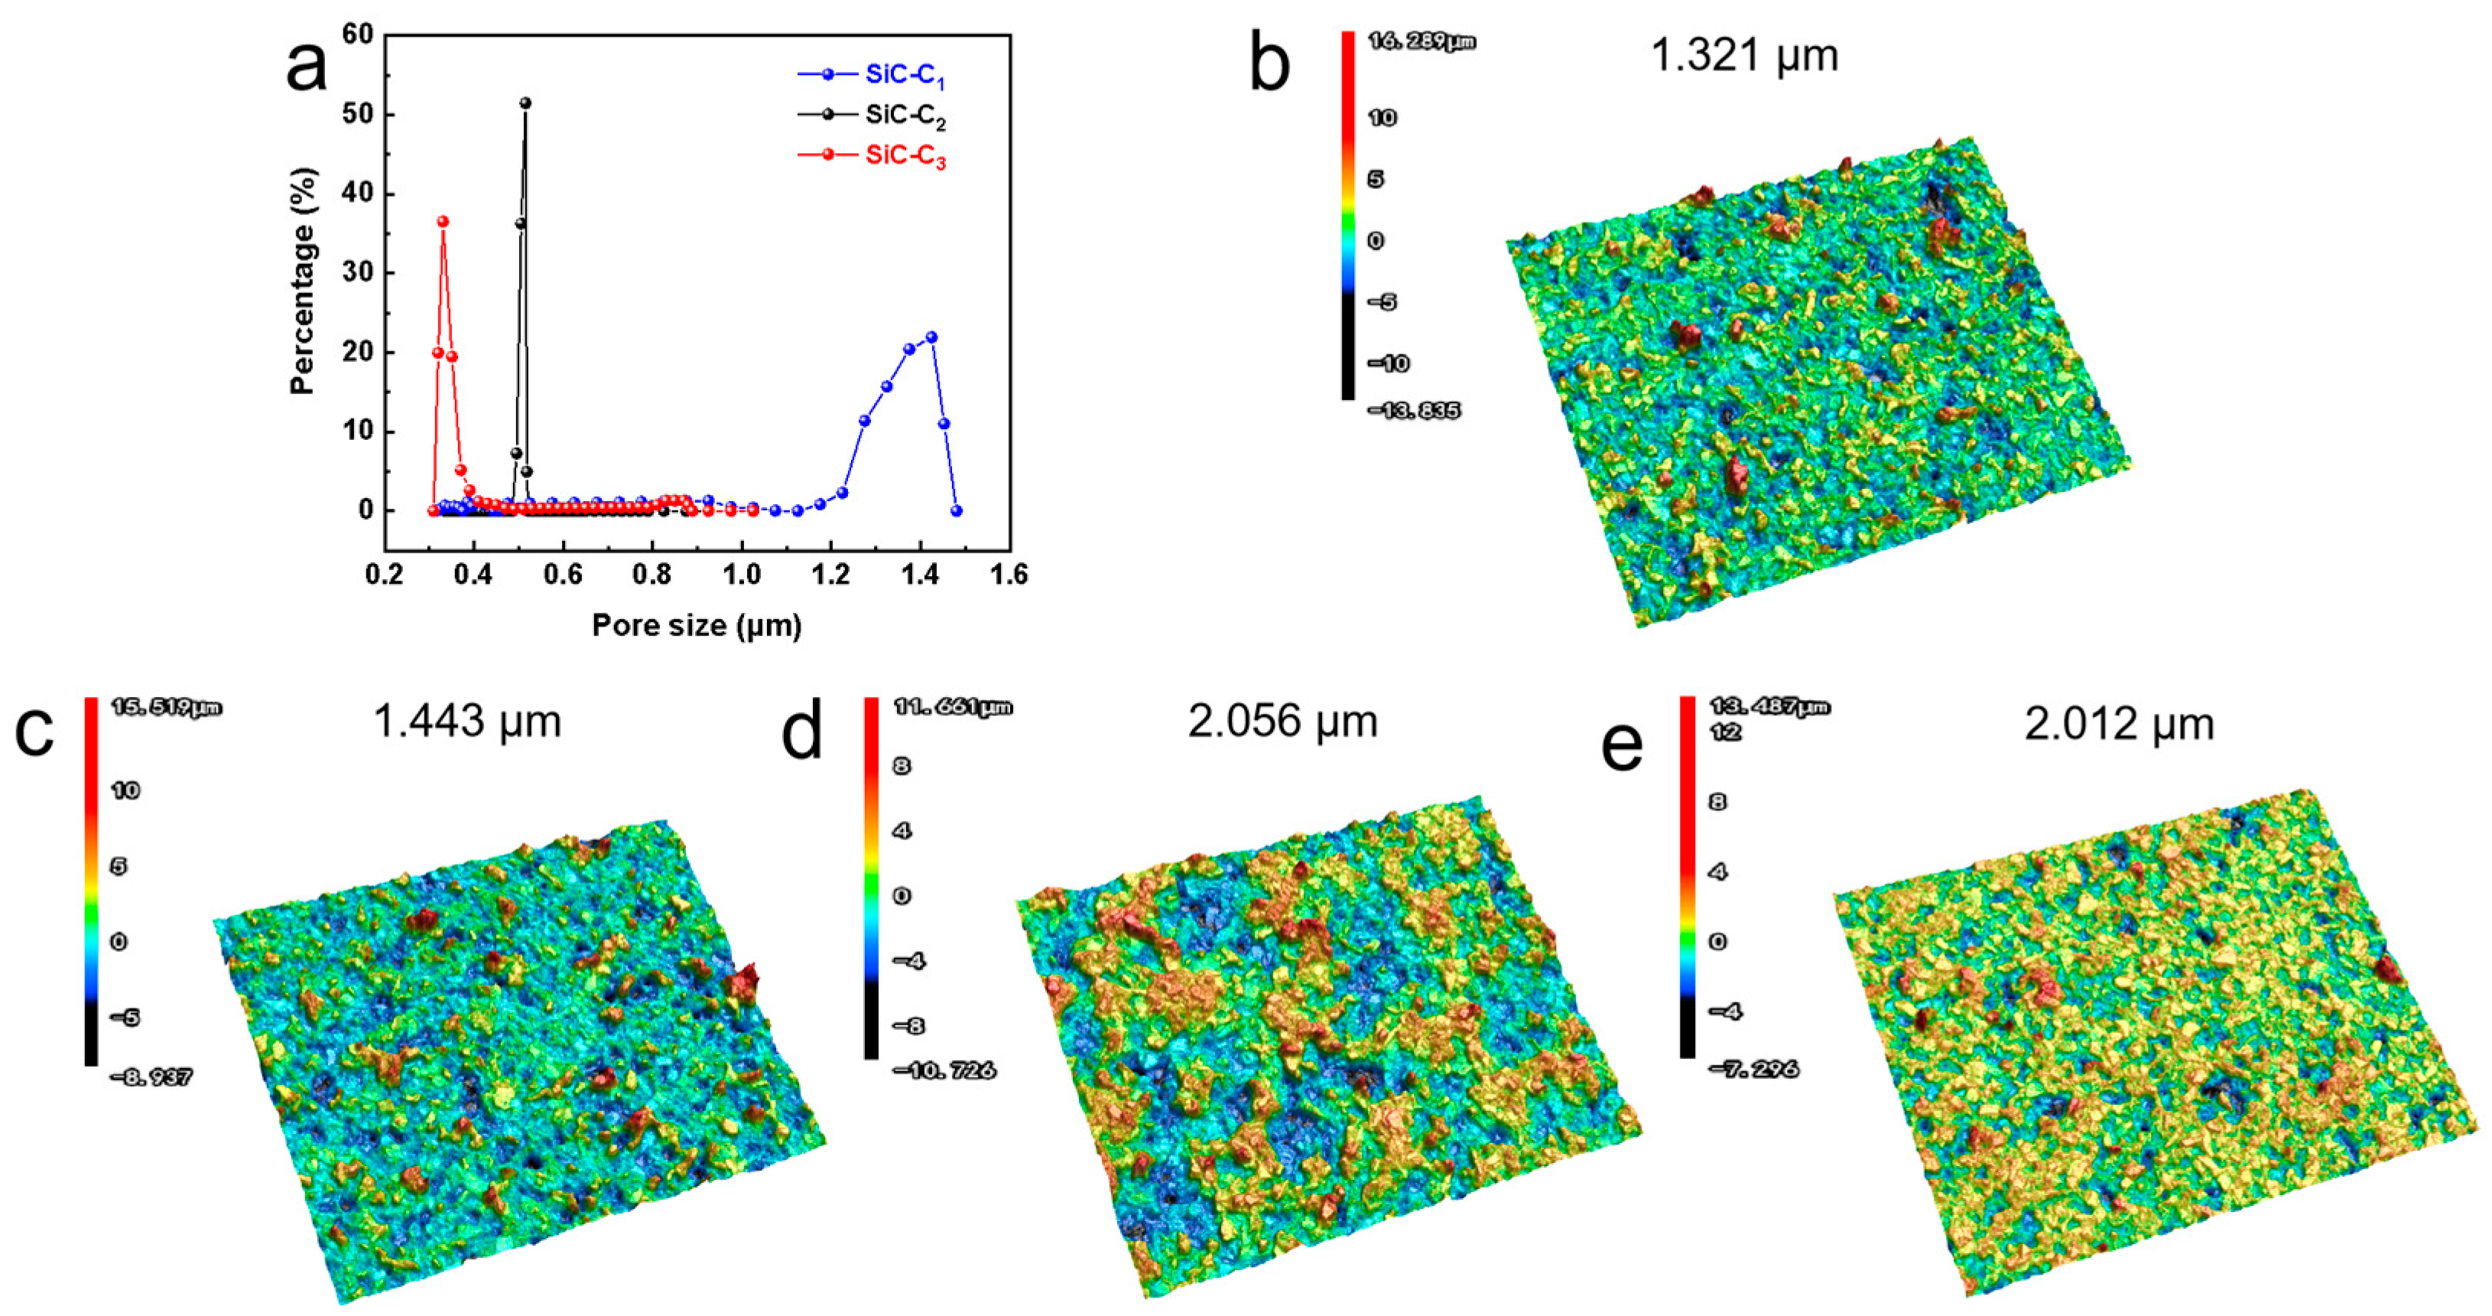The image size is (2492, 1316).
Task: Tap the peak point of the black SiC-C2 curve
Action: pos(525,103)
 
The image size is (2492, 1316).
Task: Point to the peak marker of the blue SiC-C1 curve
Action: pos(931,337)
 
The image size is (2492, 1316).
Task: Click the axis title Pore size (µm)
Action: pos(697,626)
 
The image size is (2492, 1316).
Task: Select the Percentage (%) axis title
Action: pos(304,281)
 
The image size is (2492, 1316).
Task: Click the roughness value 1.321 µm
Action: pos(1743,55)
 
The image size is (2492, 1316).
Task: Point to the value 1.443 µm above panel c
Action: pos(466,721)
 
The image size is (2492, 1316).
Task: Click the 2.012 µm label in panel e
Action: pos(2119,724)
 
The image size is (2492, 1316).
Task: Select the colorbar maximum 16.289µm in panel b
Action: pos(1421,41)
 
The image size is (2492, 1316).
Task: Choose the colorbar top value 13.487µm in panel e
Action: pos(1769,706)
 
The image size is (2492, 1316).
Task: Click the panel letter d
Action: pos(801,731)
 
